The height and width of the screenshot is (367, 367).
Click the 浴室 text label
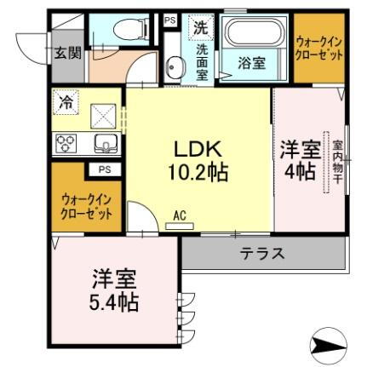click(250, 62)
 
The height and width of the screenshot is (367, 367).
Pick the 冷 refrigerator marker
click(66, 101)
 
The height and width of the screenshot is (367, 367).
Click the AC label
click(180, 216)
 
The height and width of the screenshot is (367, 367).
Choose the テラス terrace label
click(261, 253)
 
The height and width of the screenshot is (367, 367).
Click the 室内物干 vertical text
click(337, 167)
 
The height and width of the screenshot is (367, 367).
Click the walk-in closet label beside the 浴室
click(319, 48)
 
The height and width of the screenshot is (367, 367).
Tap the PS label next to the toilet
click(169, 19)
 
